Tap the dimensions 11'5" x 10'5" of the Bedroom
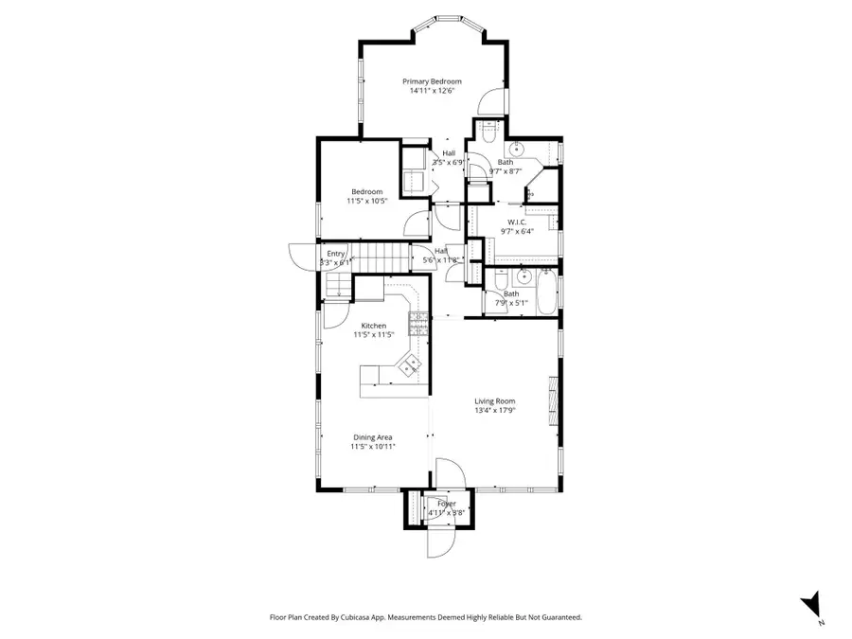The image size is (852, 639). [x=368, y=202]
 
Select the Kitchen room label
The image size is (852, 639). [x=373, y=325]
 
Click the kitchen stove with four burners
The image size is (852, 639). [x=416, y=325]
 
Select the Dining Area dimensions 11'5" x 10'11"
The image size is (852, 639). [x=373, y=446]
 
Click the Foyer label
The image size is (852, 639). [x=446, y=504]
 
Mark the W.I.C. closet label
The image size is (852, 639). [x=516, y=222]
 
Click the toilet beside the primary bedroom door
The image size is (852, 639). [x=488, y=133]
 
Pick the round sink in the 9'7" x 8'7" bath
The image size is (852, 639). [x=518, y=150]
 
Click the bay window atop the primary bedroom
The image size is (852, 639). [x=448, y=18]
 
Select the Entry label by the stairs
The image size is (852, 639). [x=336, y=254]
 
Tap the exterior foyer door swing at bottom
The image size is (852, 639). [x=440, y=542]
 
